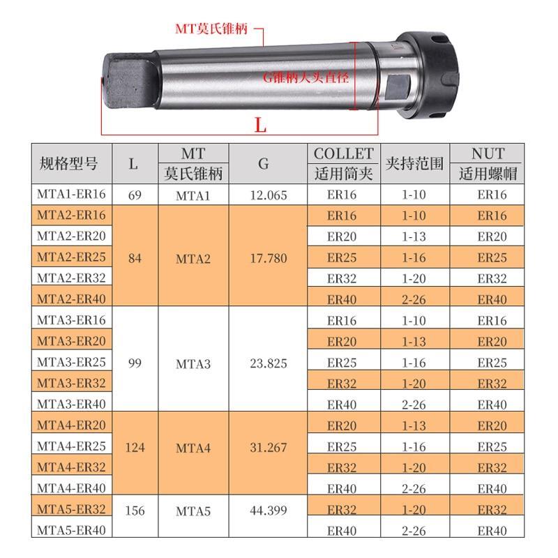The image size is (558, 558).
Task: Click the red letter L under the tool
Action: point(260,126)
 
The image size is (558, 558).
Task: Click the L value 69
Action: point(135,195)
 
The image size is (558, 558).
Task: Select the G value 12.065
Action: point(269,195)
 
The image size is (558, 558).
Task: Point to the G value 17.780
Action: point(269,258)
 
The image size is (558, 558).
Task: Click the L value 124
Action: point(135,447)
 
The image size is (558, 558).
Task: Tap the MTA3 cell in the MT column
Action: point(193,363)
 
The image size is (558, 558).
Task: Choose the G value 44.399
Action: point(269,511)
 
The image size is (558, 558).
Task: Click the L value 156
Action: point(135,511)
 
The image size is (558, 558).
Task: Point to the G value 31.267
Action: point(269,447)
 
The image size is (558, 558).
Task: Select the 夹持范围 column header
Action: point(414,164)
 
